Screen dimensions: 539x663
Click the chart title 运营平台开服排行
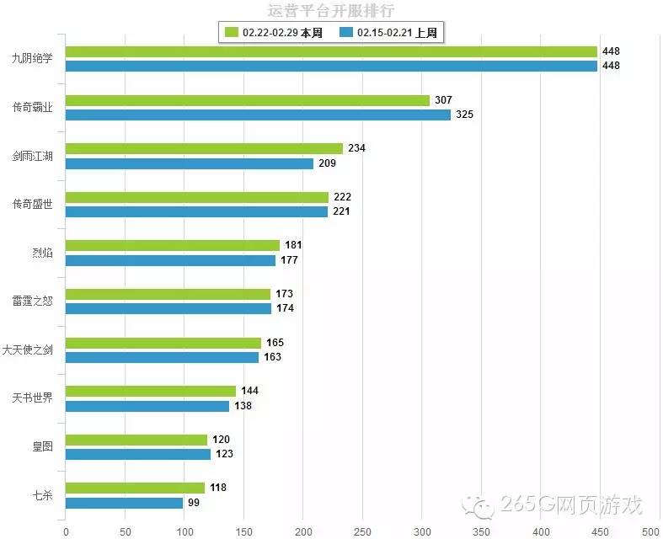click(330, 11)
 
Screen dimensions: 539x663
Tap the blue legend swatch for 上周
click(345, 33)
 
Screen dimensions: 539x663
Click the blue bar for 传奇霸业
click(258, 115)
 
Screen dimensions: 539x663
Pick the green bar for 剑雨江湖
click(204, 148)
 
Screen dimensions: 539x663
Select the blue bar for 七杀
click(124, 503)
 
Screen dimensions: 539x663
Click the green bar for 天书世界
click(151, 391)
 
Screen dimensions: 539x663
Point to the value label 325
click(464, 115)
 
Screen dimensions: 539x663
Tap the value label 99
click(194, 503)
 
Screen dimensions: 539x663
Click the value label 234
click(356, 148)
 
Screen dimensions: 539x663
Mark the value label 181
click(293, 245)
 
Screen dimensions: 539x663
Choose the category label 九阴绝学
click(32, 59)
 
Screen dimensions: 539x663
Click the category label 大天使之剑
click(28, 350)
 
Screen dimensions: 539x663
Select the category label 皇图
click(42, 446)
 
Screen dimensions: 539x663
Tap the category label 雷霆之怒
click(32, 301)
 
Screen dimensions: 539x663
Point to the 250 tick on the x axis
click(362, 531)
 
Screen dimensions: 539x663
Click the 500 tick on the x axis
click(650, 531)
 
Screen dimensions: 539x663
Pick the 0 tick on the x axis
click(66, 531)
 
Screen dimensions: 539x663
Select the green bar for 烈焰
click(173, 245)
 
